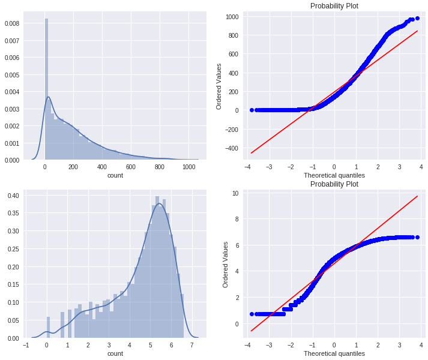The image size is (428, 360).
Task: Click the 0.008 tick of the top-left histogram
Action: coord(11,23)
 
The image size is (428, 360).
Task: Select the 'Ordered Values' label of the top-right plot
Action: coord(220,86)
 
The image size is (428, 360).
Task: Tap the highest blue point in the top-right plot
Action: coord(417,18)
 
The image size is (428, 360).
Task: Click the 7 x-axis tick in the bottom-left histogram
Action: coord(192,345)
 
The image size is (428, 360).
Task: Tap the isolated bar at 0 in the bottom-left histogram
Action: coord(48,328)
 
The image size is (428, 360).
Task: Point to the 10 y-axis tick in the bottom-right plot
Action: coord(236,194)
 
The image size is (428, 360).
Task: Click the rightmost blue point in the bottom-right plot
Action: coord(417,237)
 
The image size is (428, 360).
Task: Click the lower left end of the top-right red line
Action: coord(251,153)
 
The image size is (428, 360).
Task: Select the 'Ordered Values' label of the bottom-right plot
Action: coord(226,264)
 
